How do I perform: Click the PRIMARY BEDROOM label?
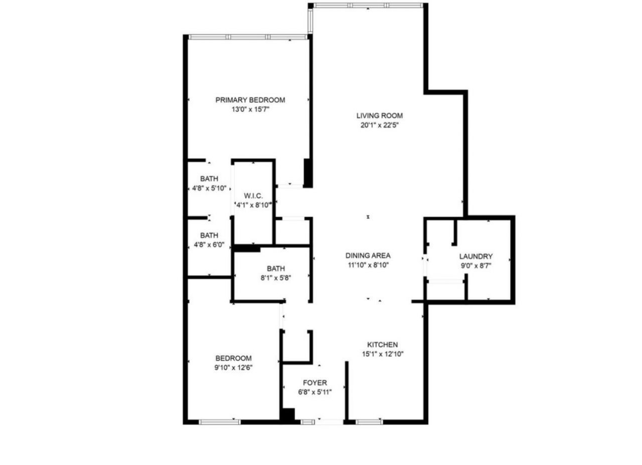[250, 100]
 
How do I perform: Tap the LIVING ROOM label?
[379, 116]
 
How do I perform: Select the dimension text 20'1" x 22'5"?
[379, 126]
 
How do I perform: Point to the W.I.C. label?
[253, 195]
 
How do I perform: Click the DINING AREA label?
[368, 255]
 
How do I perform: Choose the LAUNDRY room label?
[475, 256]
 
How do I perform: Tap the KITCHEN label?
[383, 345]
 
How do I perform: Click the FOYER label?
[314, 383]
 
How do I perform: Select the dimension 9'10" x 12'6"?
[233, 367]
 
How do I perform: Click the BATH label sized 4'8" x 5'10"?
[209, 179]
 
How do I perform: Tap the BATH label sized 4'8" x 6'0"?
[209, 235]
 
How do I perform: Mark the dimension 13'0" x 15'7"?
[250, 109]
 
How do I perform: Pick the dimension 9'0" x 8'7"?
[475, 266]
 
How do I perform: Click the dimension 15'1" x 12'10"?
[383, 354]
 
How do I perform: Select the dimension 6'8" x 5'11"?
[314, 392]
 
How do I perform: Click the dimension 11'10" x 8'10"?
[368, 265]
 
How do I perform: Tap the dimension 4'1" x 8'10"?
[253, 205]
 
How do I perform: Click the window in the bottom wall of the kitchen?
[369, 422]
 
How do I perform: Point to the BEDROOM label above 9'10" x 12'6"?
[233, 358]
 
